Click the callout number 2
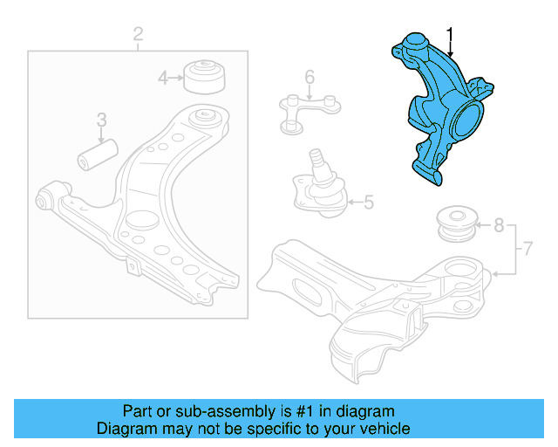coord(138,35)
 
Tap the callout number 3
coord(101,119)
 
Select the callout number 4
coord(162,79)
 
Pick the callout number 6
coord(309,79)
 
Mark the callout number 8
coord(498,225)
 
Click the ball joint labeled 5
coord(320,184)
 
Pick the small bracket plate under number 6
coord(308,111)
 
